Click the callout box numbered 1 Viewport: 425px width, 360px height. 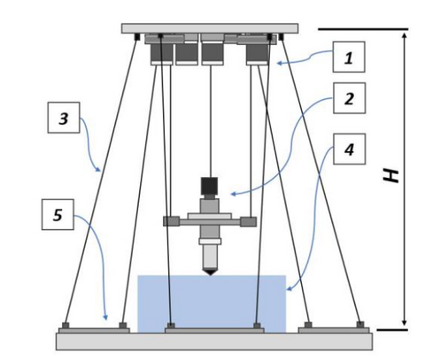pyautogui.click(x=349, y=57)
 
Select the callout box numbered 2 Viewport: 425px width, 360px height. pyautogui.click(x=349, y=98)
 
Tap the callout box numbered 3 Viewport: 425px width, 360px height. pyautogui.click(x=64, y=118)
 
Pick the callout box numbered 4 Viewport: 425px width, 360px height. pyautogui.click(x=349, y=149)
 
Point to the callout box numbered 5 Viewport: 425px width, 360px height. pyautogui.click(x=58, y=214)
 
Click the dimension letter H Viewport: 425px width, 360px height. pyautogui.click(x=390, y=176)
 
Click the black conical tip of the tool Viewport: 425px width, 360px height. pyautogui.click(x=210, y=272)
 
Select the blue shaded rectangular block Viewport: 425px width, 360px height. pyautogui.click(x=212, y=303)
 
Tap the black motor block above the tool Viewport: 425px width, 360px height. pyautogui.click(x=209, y=186)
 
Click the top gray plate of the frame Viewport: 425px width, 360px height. pyautogui.click(x=210, y=28)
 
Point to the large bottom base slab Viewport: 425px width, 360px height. pyautogui.click(x=214, y=341)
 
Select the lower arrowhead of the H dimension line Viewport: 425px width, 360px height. pyautogui.click(x=405, y=323)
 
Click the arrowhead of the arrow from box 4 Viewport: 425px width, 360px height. pyautogui.click(x=289, y=289)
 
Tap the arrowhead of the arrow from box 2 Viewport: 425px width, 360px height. pyautogui.click(x=233, y=194)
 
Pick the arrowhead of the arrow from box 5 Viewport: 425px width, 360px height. pyautogui.click(x=105, y=318)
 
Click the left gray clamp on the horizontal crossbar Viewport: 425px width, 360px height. pyautogui.click(x=172, y=221)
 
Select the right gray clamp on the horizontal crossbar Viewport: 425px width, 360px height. pyautogui.click(x=248, y=221)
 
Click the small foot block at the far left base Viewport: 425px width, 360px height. pyautogui.click(x=66, y=326)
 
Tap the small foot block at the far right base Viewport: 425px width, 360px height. pyautogui.click(x=360, y=325)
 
